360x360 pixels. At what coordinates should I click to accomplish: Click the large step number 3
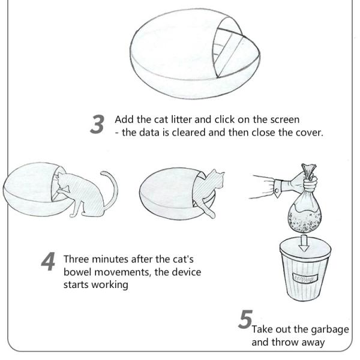tap(97, 124)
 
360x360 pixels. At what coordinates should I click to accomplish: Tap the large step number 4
tap(48, 262)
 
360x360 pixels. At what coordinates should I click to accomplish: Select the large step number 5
tap(245, 319)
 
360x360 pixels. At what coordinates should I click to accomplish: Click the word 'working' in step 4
tap(110, 285)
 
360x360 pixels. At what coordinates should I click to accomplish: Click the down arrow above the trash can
tap(304, 243)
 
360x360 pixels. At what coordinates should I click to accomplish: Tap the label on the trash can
tap(305, 278)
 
